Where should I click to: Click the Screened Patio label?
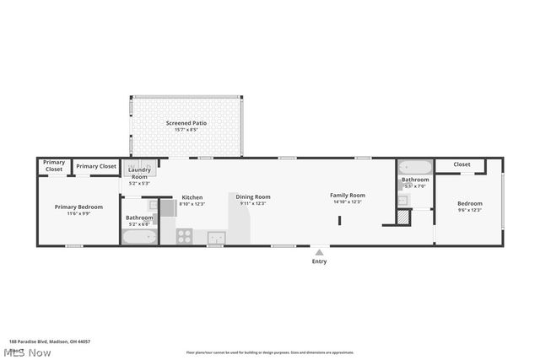click(186, 123)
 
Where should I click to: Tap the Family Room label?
click(348, 196)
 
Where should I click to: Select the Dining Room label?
click(253, 196)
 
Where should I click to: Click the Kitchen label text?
click(192, 196)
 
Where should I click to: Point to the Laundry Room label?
click(138, 173)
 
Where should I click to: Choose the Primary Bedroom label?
click(78, 207)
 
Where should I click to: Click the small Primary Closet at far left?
click(54, 165)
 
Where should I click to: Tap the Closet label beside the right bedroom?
click(462, 164)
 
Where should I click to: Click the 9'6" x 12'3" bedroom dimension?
click(470, 210)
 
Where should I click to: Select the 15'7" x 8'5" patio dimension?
click(186, 130)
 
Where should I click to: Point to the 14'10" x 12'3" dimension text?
click(348, 202)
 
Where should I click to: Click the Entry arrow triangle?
click(319, 251)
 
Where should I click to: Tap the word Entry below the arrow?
click(319, 261)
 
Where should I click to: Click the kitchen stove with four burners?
click(185, 237)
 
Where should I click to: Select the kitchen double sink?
click(216, 237)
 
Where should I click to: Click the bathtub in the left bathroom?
click(139, 237)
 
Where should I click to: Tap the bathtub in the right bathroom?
click(414, 167)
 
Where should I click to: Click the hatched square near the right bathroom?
click(403, 217)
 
